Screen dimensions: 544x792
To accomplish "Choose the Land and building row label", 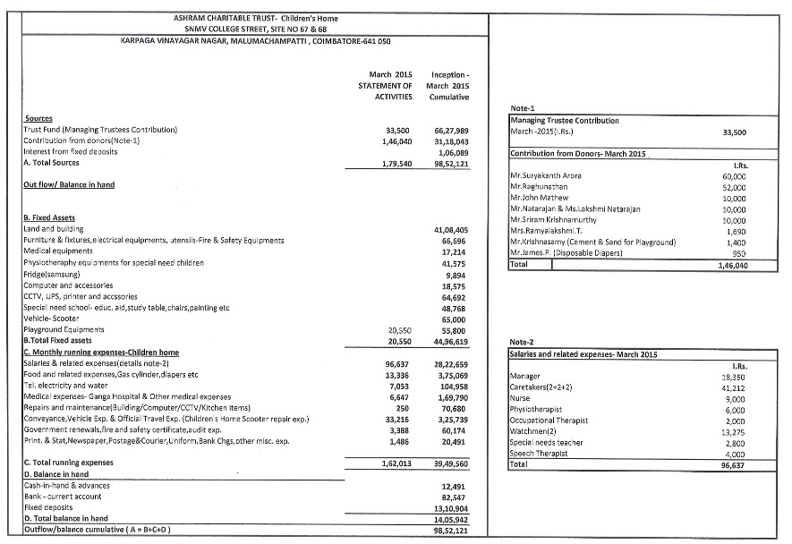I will pyautogui.click(x=54, y=230).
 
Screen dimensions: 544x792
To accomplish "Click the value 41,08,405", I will pyautogui.click(x=450, y=230).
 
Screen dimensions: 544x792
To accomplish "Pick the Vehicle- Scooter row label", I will pyautogui.click(x=51, y=318).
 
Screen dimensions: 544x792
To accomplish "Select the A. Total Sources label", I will pyautogui.click(x=51, y=163).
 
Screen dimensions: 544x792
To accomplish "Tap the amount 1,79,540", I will pyautogui.click(x=394, y=164).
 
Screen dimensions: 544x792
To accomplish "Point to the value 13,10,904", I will pyautogui.click(x=450, y=507).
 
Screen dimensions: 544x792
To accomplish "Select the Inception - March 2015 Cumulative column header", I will pyautogui.click(x=450, y=85).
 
